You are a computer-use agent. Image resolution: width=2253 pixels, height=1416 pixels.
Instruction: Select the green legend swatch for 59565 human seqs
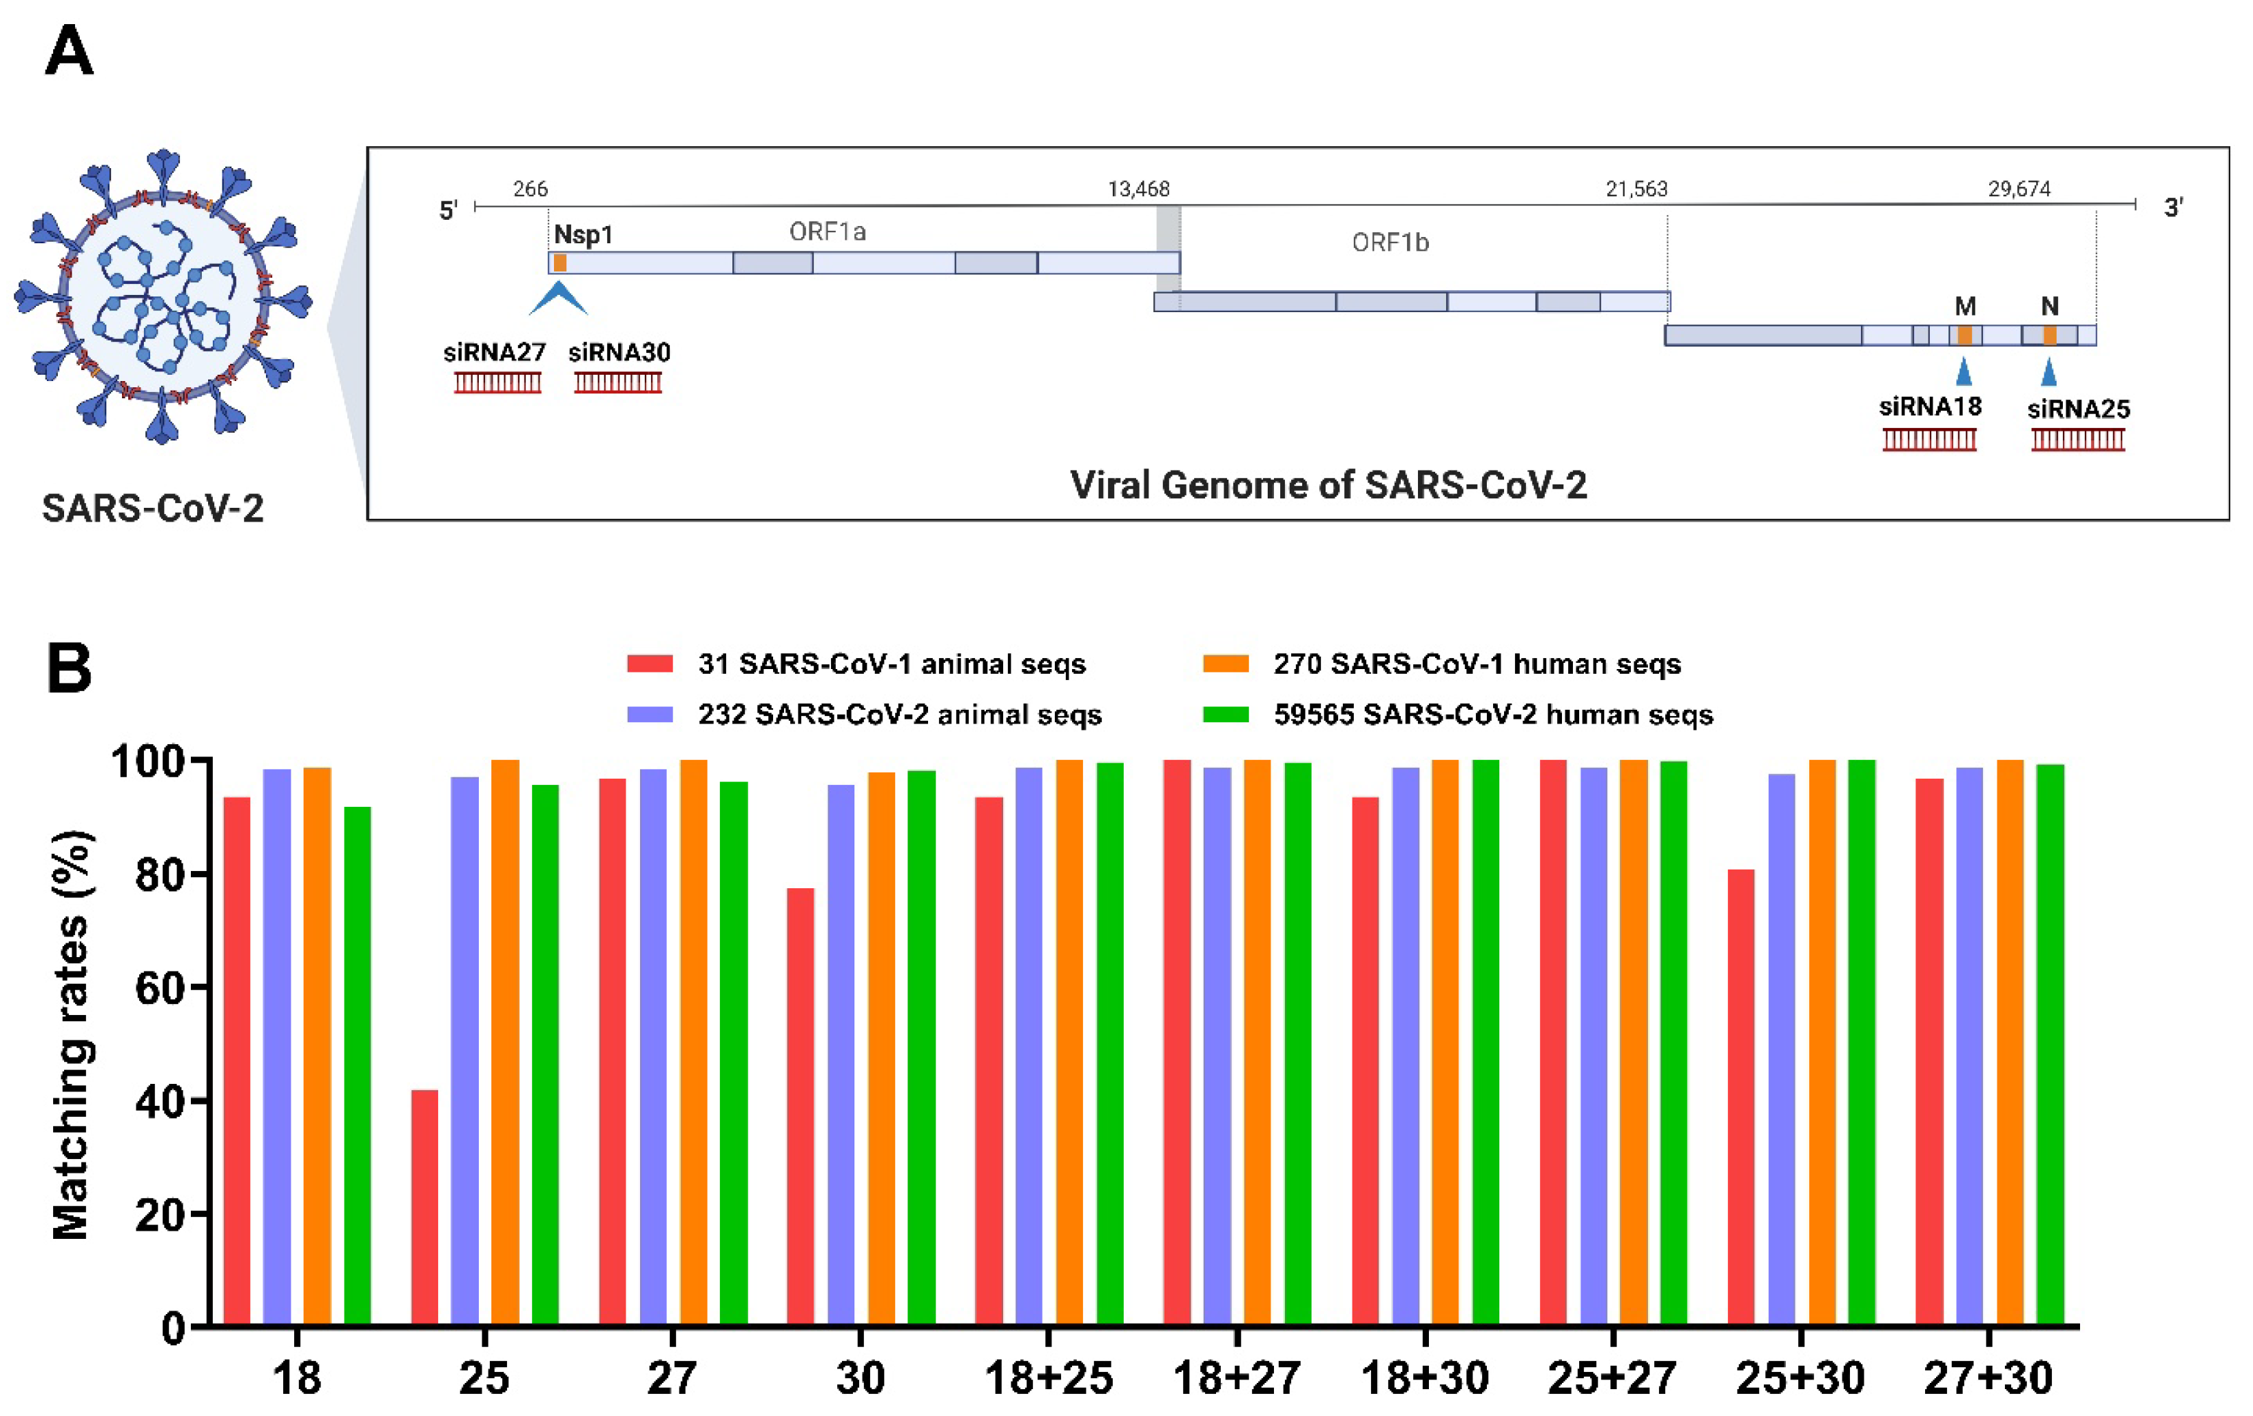tap(1225, 714)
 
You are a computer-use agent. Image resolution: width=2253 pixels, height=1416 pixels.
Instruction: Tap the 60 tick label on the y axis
tap(160, 988)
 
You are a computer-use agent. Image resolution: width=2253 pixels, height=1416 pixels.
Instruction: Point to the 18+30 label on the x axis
tap(1424, 1377)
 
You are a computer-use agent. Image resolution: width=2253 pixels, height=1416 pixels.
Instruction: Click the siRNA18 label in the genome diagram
tap(1929, 406)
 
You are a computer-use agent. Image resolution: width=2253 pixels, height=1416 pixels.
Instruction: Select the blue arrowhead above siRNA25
tap(2048, 373)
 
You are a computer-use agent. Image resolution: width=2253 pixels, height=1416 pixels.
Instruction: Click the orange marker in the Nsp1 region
tap(559, 263)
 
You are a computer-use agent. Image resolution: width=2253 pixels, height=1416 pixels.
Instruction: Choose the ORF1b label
tap(1390, 243)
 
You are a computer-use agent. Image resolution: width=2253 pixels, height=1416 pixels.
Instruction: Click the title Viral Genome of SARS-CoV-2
tap(1328, 485)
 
